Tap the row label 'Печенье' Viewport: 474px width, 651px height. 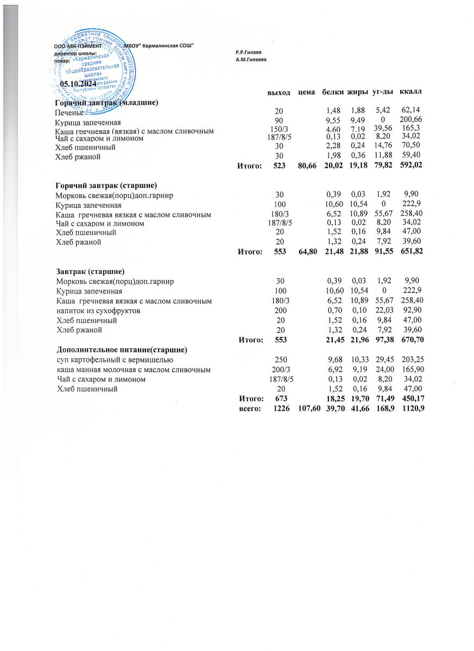tap(69, 113)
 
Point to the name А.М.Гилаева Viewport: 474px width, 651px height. tap(251, 59)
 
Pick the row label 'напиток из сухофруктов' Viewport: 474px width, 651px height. tap(99, 310)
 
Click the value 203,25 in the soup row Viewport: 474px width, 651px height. tap(412, 360)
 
